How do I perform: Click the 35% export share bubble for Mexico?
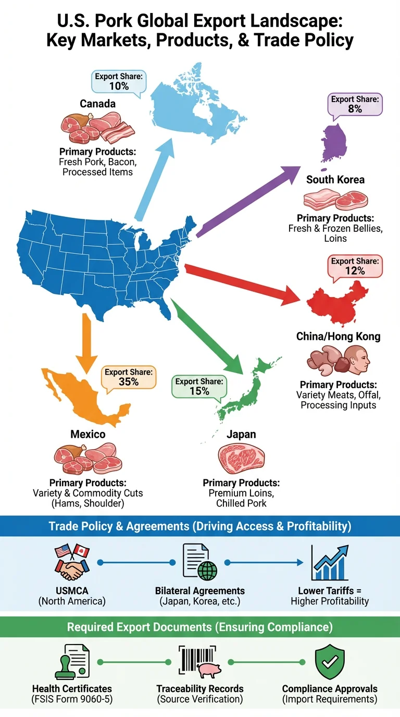click(x=128, y=377)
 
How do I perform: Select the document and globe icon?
click(x=200, y=563)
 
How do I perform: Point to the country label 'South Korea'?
click(x=335, y=180)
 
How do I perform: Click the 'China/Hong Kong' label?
click(x=338, y=336)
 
